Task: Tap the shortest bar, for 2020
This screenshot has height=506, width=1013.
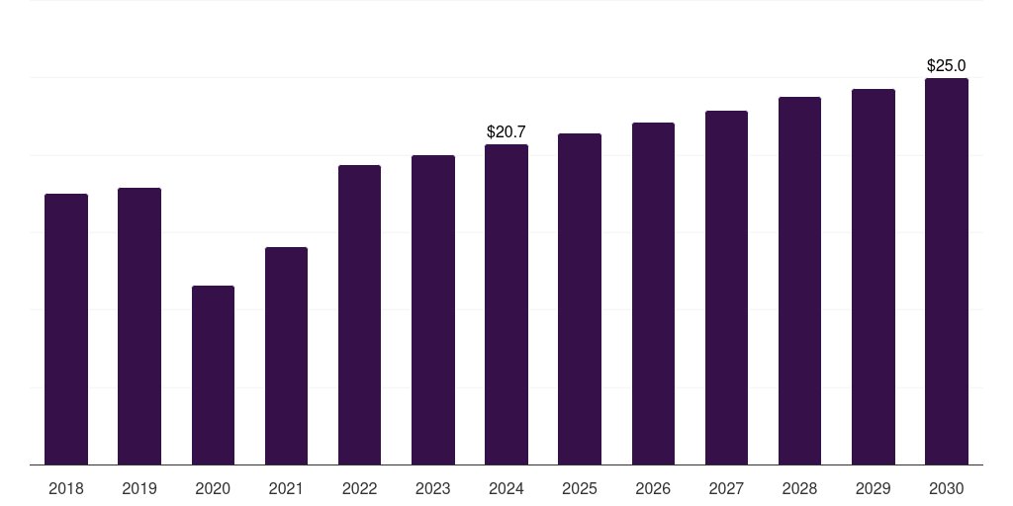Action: tap(213, 376)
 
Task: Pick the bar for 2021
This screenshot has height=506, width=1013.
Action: tap(286, 356)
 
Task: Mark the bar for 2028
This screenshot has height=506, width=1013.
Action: tap(799, 281)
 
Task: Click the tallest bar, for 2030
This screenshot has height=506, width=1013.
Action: tap(947, 272)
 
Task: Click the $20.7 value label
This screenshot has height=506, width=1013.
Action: tap(506, 131)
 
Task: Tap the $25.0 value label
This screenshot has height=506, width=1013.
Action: tap(947, 65)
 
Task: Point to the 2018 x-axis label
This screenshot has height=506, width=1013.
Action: tap(66, 488)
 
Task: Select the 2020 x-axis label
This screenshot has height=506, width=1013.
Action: tap(213, 488)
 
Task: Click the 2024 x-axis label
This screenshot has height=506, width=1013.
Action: tap(506, 488)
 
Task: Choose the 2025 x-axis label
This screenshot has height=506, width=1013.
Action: tap(580, 488)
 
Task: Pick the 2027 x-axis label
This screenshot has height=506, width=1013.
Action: tap(726, 488)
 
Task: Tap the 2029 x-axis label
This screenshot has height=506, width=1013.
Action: tap(874, 488)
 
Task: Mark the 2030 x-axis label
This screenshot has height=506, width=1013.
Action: tap(947, 488)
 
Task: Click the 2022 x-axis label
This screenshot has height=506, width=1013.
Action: tap(359, 488)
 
